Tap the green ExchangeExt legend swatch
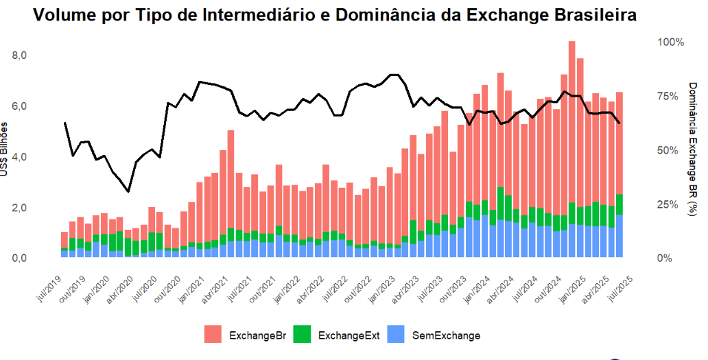point(303,335)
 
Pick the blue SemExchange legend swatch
point(397,335)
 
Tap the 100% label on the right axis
point(671,42)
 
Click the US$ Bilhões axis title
point(5,150)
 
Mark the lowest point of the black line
point(128,191)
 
